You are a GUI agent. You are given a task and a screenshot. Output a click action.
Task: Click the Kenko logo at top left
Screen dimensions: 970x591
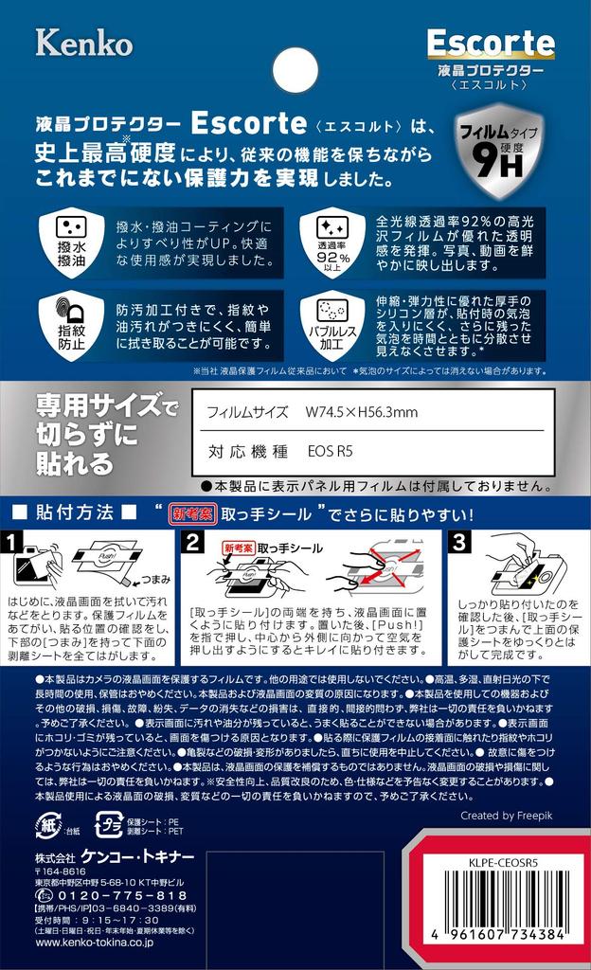click(x=83, y=42)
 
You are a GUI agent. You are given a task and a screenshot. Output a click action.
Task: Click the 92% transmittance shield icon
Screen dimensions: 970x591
click(x=326, y=242)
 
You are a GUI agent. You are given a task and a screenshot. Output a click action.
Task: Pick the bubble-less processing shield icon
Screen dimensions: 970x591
click(x=326, y=323)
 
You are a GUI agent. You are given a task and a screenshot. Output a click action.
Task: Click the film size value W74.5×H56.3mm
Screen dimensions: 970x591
click(x=361, y=412)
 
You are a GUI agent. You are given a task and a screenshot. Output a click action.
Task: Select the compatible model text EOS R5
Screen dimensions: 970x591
click(x=330, y=452)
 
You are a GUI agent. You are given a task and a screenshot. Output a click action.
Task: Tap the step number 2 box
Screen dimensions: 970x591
click(x=193, y=542)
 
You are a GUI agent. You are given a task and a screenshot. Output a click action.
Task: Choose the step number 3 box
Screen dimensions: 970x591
click(x=458, y=542)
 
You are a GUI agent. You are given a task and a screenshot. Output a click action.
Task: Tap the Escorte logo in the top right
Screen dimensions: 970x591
click(x=490, y=42)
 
